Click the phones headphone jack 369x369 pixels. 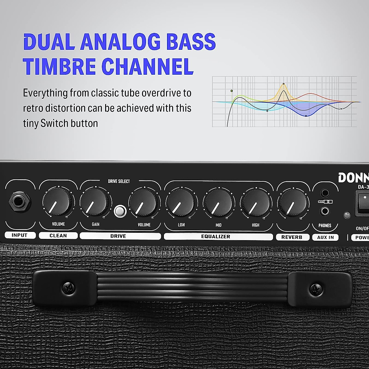tap(325, 211)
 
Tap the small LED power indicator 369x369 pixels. tap(347, 215)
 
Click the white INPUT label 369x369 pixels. tap(20, 235)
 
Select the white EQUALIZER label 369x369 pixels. tap(218, 236)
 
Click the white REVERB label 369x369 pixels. tap(292, 237)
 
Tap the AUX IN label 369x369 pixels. tap(325, 237)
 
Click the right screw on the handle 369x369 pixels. tap(315, 288)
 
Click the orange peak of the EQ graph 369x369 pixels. tap(284, 84)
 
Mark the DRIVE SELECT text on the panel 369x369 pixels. tap(119, 181)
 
